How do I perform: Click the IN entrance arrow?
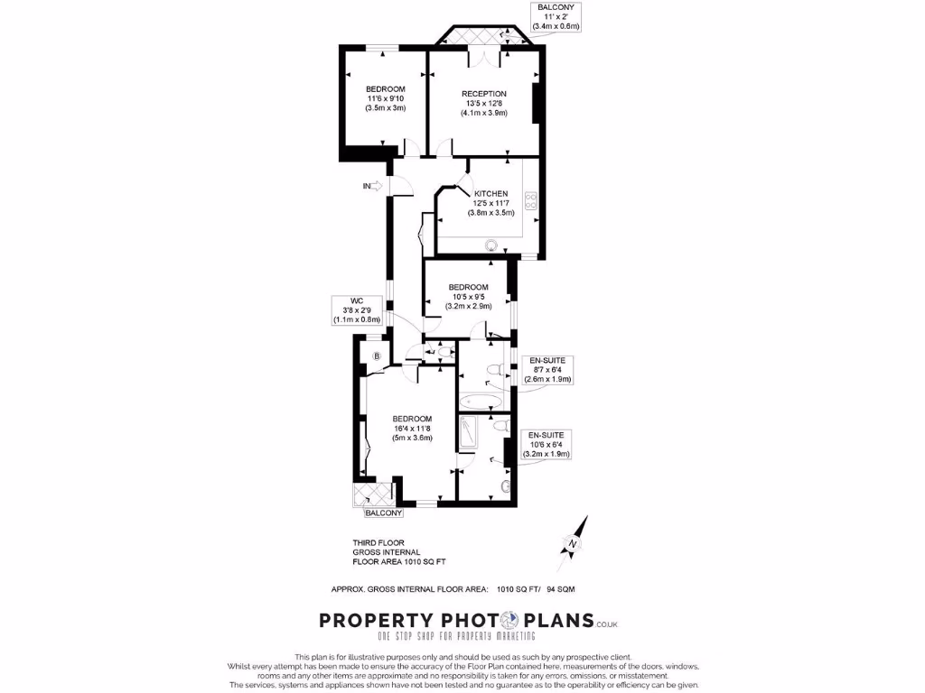pyautogui.click(x=373, y=187)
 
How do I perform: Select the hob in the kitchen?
pyautogui.click(x=532, y=204)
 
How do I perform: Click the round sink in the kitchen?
pyautogui.click(x=491, y=244)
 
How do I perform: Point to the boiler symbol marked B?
pyautogui.click(x=376, y=356)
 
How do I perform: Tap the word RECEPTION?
pyautogui.click(x=484, y=94)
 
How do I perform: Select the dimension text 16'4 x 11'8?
pyautogui.click(x=412, y=429)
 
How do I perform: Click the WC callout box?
pyautogui.click(x=356, y=310)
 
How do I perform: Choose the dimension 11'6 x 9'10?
pyautogui.click(x=386, y=98)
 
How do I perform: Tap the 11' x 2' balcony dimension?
pyautogui.click(x=556, y=17)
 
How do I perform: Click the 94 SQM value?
pyautogui.click(x=560, y=589)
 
